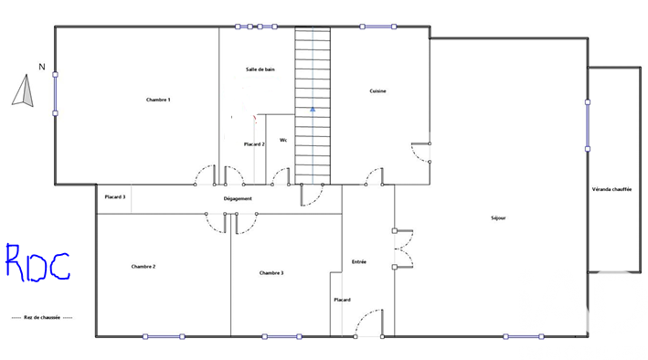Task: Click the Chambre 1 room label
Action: point(158,100)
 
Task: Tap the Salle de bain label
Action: point(260,69)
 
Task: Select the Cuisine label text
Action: point(377,91)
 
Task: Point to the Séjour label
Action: point(498,217)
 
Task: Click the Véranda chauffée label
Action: point(611,189)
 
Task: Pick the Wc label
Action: point(283,140)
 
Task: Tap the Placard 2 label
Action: point(254,144)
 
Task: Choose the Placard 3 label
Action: point(115,197)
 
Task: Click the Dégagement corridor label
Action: point(238,199)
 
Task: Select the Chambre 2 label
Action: point(143,267)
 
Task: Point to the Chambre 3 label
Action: point(271,273)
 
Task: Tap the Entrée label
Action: point(358,261)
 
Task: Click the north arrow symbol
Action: point(24,90)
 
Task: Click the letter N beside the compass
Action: point(42,67)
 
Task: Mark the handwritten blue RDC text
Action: point(37,263)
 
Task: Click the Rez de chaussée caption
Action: point(42,317)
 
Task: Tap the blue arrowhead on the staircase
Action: point(313,109)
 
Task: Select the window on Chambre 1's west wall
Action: point(55,94)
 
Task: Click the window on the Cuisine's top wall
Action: point(378,26)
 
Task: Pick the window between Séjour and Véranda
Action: point(588,125)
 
